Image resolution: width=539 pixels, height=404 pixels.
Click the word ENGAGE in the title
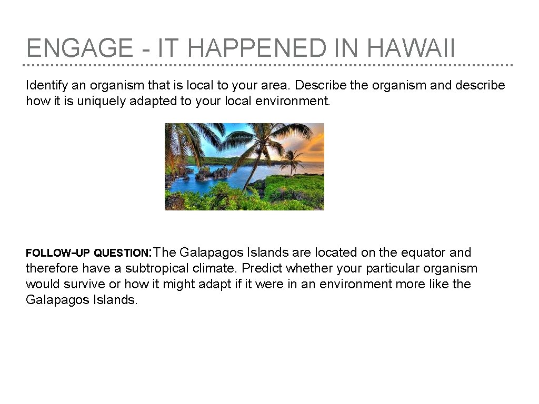[x=79, y=49]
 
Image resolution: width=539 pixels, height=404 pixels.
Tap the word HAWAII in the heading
[x=411, y=49]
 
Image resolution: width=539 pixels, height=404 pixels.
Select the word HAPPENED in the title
[x=256, y=49]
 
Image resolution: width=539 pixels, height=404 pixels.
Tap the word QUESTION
[x=123, y=253]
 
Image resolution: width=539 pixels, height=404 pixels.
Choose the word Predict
[x=262, y=268]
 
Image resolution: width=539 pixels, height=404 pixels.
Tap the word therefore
[x=51, y=268]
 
